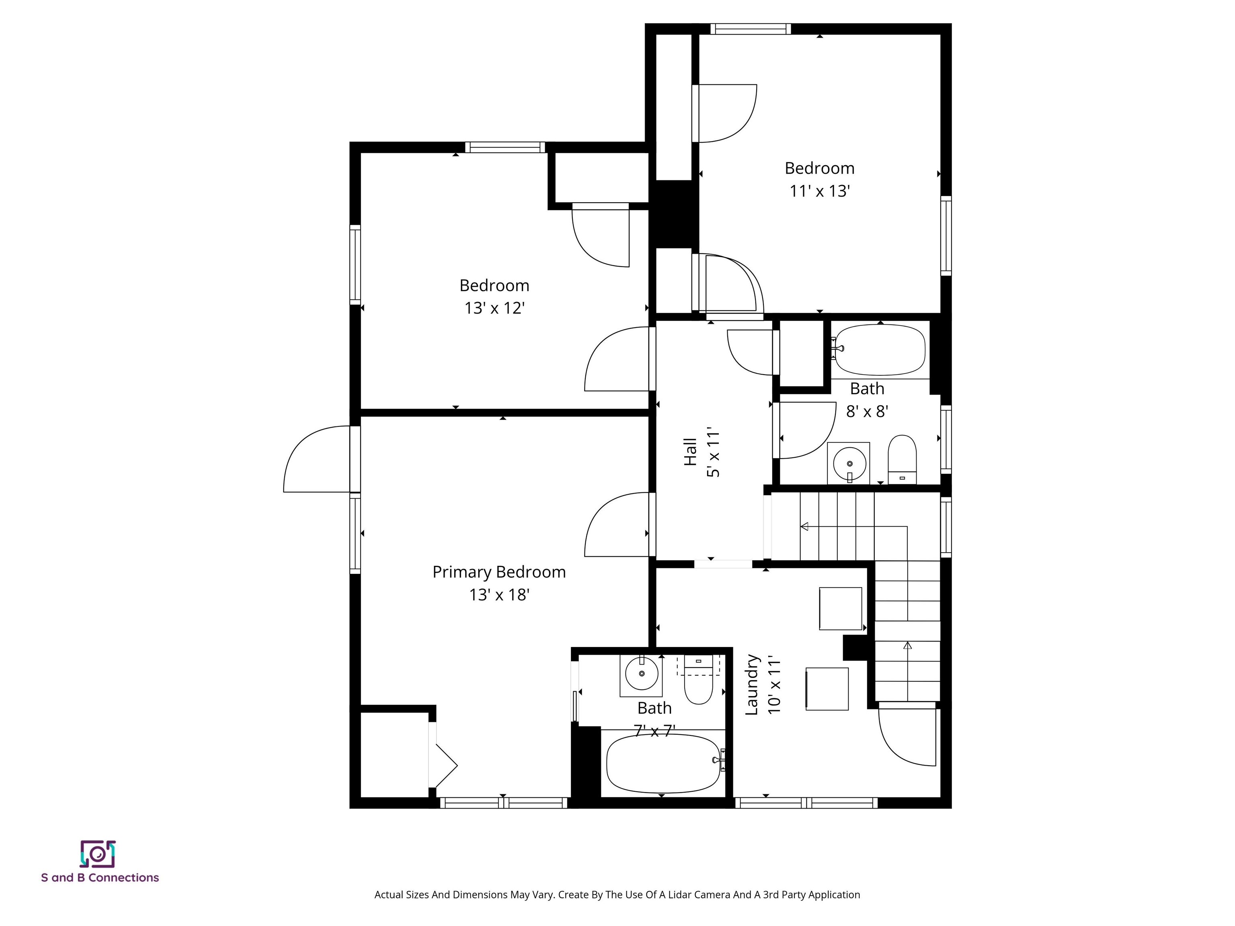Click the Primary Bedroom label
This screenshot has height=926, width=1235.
click(499, 572)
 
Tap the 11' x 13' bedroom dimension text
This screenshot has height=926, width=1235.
click(819, 191)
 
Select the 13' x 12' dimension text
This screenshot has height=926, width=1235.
click(494, 308)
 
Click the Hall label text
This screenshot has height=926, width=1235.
click(691, 452)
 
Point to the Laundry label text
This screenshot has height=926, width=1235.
click(752, 685)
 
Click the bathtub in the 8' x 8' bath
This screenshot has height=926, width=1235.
click(880, 350)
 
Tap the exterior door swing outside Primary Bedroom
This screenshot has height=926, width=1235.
click(316, 459)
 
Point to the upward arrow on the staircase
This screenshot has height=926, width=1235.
click(907, 646)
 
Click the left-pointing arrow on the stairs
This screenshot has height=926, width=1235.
click(804, 527)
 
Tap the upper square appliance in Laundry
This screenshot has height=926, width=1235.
click(840, 608)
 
